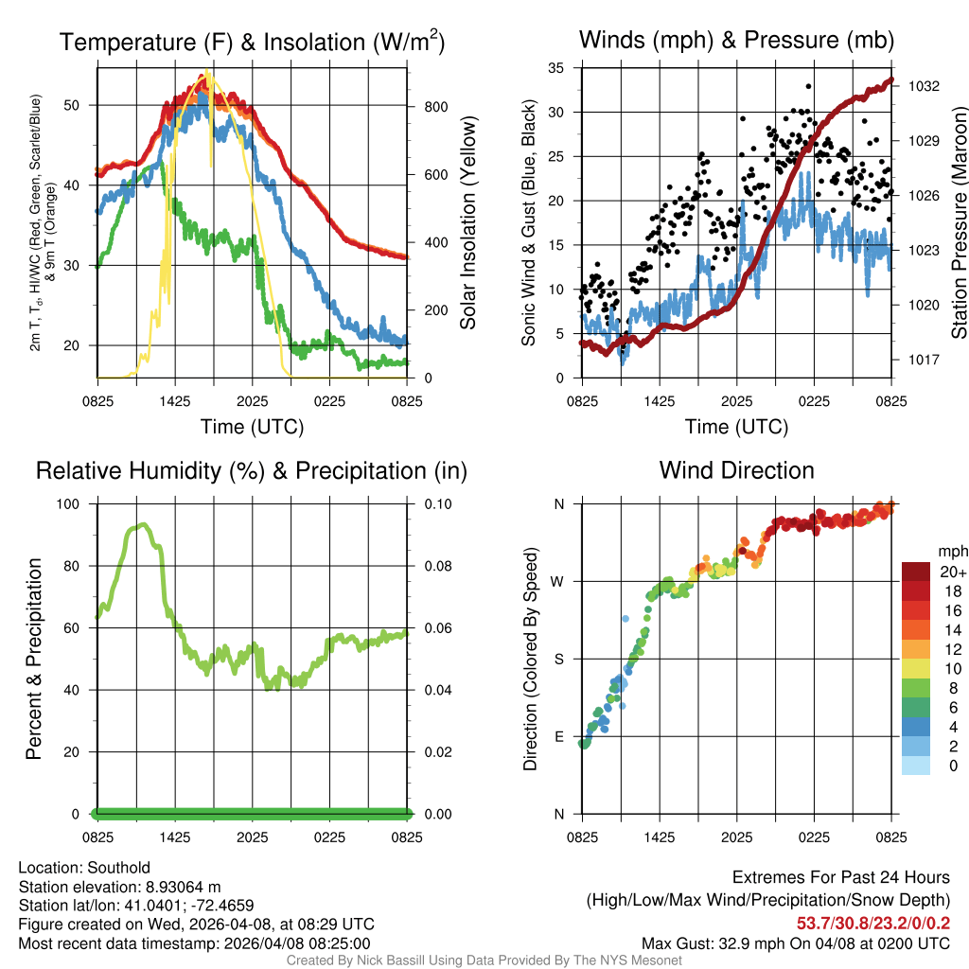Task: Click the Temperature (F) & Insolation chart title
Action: pos(252,42)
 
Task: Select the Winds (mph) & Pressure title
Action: pos(736,40)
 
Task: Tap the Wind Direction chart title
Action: pos(736,470)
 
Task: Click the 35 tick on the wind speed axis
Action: pos(556,68)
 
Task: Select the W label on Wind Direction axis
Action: pos(559,581)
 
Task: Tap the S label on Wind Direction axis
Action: pos(560,659)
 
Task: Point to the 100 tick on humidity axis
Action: pos(70,503)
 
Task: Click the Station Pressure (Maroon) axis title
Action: pos(958,222)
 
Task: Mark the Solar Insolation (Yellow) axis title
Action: pos(467,222)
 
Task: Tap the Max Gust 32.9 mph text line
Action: pos(796,943)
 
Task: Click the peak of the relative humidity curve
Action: pos(142,524)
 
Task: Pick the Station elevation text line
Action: pos(119,887)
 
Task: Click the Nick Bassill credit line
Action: pos(484,960)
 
